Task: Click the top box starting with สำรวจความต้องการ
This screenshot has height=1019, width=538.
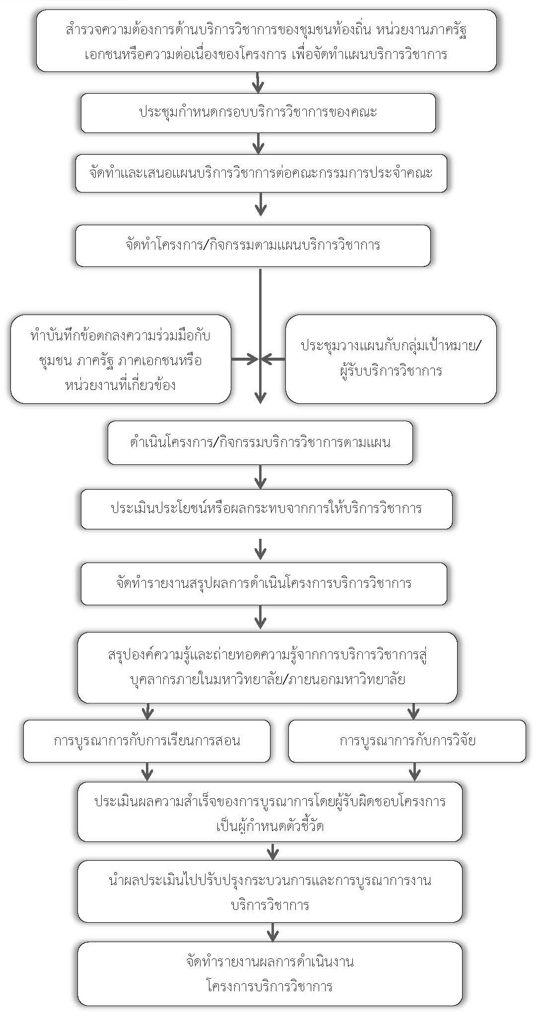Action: pyautogui.click(x=266, y=41)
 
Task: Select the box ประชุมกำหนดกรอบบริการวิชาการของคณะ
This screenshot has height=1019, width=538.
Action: pyautogui.click(x=258, y=113)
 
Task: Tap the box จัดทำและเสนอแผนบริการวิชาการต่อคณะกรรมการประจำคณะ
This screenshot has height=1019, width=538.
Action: pyautogui.click(x=261, y=173)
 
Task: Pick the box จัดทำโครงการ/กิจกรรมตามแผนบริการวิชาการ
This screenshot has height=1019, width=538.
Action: pyautogui.click(x=253, y=245)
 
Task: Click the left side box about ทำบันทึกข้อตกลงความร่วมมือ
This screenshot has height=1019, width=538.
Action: pyautogui.click(x=121, y=359)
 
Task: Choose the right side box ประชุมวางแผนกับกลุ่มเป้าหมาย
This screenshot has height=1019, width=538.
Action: pyautogui.click(x=391, y=359)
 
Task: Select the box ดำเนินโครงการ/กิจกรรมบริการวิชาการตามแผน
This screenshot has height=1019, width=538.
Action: pyautogui.click(x=260, y=443)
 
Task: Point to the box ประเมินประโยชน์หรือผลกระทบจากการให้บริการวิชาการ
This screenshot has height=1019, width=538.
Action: pyautogui.click(x=267, y=509)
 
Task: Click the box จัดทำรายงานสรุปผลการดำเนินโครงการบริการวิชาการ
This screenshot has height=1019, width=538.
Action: pyautogui.click(x=264, y=583)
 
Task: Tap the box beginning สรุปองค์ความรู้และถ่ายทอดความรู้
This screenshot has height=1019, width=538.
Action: pyautogui.click(x=267, y=667)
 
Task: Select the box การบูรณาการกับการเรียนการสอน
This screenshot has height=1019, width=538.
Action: pyautogui.click(x=147, y=741)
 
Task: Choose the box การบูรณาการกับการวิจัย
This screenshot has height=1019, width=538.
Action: pyautogui.click(x=407, y=741)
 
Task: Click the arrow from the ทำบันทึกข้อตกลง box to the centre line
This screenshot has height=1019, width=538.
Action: pyautogui.click(x=245, y=359)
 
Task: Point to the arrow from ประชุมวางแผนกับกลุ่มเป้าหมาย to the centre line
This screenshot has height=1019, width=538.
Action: pyautogui.click(x=273, y=359)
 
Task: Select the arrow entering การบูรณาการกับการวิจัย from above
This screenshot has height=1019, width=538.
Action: pyautogui.click(x=413, y=711)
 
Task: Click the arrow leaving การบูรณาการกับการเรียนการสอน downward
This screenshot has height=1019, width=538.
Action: pyautogui.click(x=147, y=772)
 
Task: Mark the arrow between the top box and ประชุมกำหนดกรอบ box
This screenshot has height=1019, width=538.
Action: pyautogui.click(x=258, y=82)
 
